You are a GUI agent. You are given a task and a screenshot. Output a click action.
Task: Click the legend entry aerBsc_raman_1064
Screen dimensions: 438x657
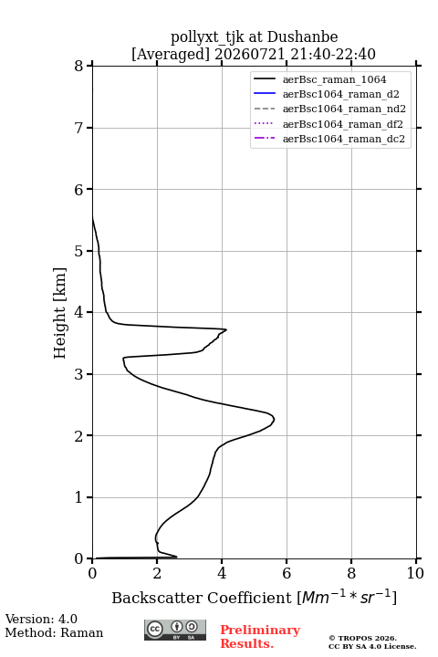[x=335, y=79]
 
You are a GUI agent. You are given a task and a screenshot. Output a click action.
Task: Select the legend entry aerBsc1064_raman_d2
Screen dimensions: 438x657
[x=340, y=94]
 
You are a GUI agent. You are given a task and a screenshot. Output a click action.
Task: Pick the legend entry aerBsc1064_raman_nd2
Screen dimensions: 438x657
[x=344, y=109]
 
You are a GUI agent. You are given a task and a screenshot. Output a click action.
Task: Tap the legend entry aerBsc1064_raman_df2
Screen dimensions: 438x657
[x=342, y=124]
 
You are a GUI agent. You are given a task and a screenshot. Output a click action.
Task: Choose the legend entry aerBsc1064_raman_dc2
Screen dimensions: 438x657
[x=344, y=139]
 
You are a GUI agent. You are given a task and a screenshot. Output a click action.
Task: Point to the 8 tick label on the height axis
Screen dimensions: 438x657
[x=79, y=66]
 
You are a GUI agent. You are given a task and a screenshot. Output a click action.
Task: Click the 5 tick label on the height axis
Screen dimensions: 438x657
[x=79, y=251]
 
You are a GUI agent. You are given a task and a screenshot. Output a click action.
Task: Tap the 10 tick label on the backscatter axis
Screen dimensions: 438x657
[x=415, y=573]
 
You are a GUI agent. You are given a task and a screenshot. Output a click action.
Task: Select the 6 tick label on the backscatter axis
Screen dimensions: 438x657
[x=287, y=573]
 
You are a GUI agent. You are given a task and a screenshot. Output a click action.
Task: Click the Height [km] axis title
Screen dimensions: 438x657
[x=60, y=313]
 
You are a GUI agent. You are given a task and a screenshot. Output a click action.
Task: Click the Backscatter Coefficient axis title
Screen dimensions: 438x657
[x=254, y=597]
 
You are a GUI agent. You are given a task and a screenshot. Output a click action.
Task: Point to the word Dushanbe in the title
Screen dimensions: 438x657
[x=302, y=37]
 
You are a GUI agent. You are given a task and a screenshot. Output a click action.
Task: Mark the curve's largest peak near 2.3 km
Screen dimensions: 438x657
[x=274, y=419]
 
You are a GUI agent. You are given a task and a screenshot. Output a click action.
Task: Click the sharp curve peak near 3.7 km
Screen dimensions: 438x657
[x=226, y=329]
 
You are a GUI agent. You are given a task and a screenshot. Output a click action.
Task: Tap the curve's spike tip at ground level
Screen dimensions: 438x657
[x=177, y=557]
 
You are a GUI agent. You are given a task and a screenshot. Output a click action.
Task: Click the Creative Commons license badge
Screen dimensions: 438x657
[x=175, y=631]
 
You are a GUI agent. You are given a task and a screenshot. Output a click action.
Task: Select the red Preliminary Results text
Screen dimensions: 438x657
[x=260, y=637]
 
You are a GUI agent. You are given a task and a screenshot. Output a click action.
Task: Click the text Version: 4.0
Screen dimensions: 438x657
[x=41, y=619]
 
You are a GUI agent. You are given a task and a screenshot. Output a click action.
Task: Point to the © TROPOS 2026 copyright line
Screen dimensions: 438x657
[x=362, y=638]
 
